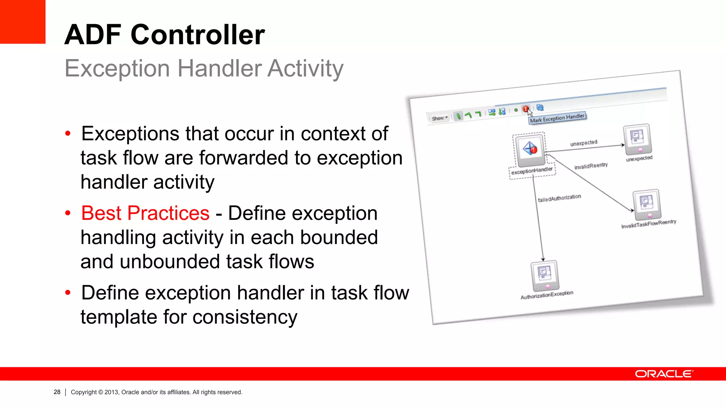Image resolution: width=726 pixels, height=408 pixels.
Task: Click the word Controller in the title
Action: [197, 35]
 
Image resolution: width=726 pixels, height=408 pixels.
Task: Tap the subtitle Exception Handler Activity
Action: [204, 68]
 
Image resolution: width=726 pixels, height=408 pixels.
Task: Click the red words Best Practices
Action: [145, 213]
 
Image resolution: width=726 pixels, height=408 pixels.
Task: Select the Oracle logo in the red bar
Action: [664, 374]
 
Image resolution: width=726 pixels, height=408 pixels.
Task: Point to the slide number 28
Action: [57, 392]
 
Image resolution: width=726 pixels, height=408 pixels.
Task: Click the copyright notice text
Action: [156, 392]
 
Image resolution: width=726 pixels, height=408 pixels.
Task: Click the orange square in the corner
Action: [22, 22]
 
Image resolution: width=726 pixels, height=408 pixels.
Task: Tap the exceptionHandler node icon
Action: [530, 149]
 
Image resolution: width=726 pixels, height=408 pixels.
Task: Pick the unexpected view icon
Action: [637, 138]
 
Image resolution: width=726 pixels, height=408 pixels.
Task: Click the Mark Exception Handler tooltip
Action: [557, 118]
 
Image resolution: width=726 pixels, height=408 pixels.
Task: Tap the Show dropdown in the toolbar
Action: [440, 118]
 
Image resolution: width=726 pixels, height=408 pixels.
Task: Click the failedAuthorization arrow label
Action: [559, 198]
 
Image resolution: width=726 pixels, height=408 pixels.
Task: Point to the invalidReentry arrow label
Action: [591, 166]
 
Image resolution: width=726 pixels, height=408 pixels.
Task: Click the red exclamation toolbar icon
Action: [525, 109]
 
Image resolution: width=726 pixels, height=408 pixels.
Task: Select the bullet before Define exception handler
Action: [68, 293]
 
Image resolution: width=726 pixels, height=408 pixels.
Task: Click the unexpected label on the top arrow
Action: [583, 143]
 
